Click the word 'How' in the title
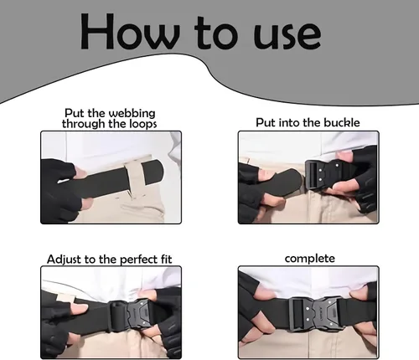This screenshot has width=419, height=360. [130, 32]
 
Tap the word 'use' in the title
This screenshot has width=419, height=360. [287, 36]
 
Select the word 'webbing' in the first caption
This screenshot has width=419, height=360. [132, 114]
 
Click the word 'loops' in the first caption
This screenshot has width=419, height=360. [143, 124]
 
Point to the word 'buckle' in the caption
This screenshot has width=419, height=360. [342, 122]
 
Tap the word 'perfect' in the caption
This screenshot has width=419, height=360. [139, 260]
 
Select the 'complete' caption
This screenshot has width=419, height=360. [310, 259]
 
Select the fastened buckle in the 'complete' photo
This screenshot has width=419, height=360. [316, 314]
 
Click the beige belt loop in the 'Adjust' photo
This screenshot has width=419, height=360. [65, 298]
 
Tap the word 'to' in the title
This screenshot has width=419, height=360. [217, 33]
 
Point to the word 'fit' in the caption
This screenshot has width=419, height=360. [167, 259]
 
